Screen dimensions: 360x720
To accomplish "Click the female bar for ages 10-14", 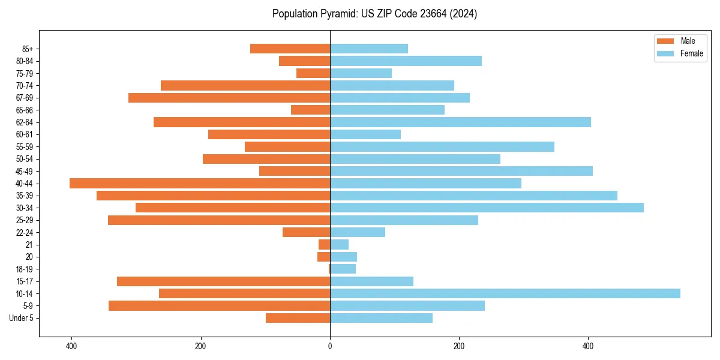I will point(505,293).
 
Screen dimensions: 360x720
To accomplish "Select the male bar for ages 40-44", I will point(200,184).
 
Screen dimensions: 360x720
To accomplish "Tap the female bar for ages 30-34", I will point(487,208).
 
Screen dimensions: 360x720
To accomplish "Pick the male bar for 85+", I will point(290,49).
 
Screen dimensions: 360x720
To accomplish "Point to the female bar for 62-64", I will point(460,122).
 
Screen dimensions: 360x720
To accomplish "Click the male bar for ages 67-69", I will point(229,98).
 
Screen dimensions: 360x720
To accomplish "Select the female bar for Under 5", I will point(381,318).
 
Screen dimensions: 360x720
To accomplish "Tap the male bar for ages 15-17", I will point(223,281).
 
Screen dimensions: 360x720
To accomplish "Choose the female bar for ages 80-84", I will point(406,61).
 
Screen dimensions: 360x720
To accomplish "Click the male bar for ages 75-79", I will point(313,73).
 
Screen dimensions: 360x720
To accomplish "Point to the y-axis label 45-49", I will point(25,172).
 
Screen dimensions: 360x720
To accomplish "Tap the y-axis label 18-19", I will point(25,269).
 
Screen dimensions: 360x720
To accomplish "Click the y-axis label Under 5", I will point(22,318).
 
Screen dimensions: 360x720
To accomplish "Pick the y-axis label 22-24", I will point(25,233).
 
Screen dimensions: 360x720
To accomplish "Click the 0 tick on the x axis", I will point(330,346).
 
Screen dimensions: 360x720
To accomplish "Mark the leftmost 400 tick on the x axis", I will point(71,346).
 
